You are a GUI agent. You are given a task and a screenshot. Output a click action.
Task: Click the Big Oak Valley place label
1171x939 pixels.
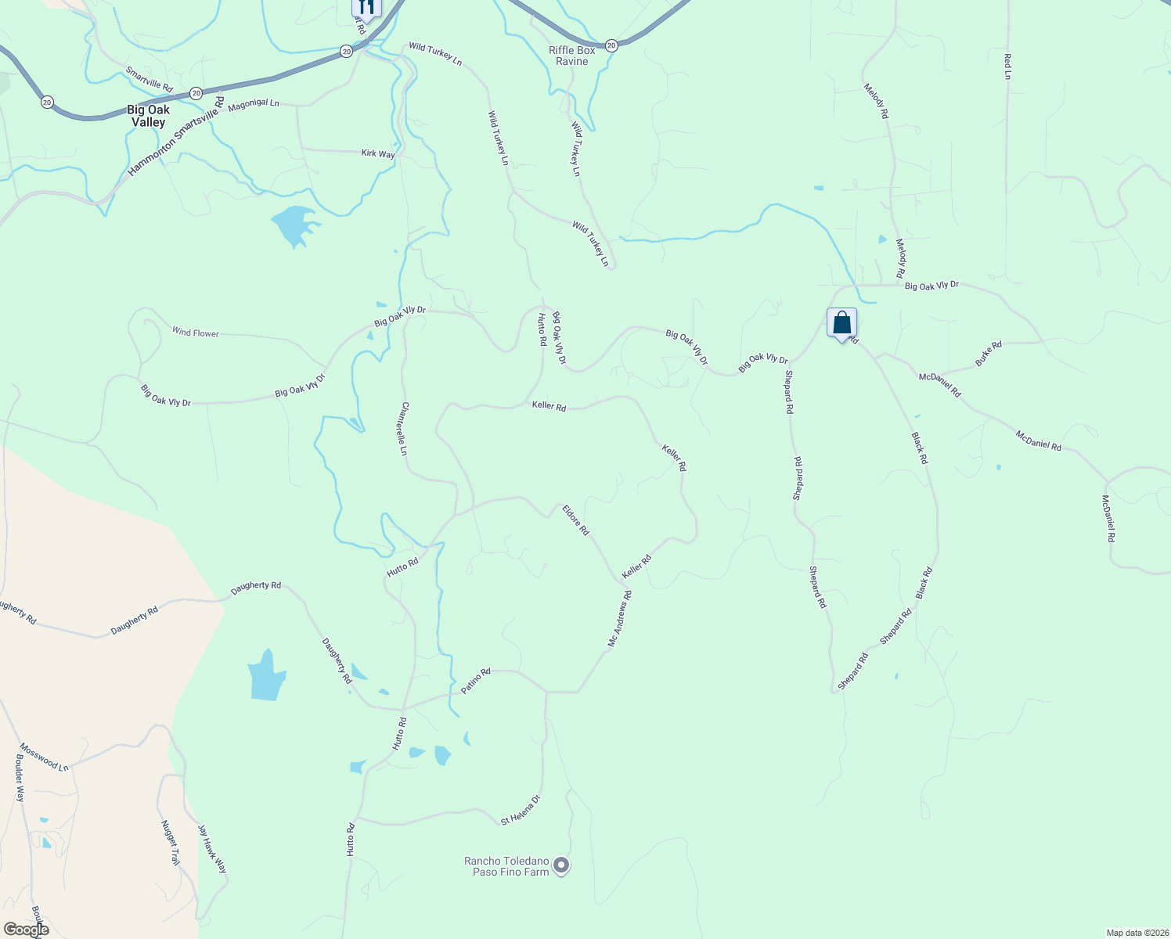[149, 116]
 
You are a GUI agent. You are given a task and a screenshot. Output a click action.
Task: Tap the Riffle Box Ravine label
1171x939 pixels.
[572, 56]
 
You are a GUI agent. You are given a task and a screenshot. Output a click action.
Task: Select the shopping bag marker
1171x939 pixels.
[841, 323]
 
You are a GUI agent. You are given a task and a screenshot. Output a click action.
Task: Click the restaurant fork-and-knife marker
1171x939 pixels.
[366, 8]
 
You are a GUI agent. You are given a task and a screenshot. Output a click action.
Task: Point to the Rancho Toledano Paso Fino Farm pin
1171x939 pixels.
[561, 865]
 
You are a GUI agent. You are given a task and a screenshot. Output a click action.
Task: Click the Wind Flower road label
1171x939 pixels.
[196, 333]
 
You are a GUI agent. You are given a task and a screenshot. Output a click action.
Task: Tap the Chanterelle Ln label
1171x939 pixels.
[404, 429]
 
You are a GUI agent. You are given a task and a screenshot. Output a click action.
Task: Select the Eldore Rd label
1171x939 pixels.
[575, 520]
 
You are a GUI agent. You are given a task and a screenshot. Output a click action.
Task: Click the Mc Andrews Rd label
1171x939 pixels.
[620, 618]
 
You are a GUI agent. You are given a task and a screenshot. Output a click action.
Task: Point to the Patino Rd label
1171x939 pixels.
[475, 681]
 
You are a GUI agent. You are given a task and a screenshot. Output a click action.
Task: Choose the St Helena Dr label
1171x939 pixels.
[521, 810]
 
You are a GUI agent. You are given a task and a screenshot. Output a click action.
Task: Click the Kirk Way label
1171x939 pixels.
[378, 154]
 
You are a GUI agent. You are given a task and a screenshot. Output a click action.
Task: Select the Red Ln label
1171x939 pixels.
[1007, 67]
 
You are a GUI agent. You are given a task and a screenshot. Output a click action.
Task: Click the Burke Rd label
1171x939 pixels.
[988, 354]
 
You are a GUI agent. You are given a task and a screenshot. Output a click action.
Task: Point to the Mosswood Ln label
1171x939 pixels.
[44, 757]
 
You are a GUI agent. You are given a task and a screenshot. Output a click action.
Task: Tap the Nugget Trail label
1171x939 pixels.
[170, 842]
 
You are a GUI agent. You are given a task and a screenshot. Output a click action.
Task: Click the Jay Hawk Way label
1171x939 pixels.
[211, 849]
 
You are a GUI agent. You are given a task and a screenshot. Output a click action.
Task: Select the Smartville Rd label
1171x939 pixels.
[149, 78]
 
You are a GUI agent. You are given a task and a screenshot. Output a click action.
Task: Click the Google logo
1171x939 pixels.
[27, 930]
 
